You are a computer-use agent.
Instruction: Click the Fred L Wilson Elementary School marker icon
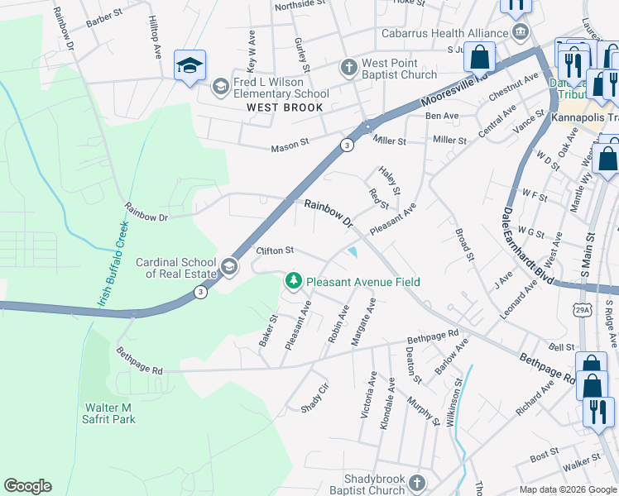tap(220, 86)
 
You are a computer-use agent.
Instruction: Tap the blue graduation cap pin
tap(190, 66)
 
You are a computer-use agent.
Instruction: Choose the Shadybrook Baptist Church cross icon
tap(419, 483)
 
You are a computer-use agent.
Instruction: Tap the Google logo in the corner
tap(27, 486)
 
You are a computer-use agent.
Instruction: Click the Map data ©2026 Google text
tap(567, 489)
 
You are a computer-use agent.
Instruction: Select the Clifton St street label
tap(276, 250)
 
